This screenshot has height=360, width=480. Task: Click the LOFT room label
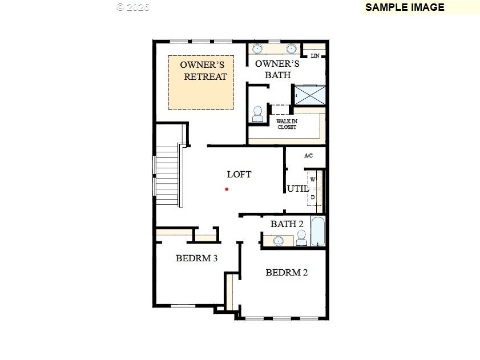point(239,174)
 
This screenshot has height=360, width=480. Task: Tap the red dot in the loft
point(227,189)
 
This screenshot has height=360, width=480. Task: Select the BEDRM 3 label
point(196,258)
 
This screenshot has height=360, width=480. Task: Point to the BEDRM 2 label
point(287,272)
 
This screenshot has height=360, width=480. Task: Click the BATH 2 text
point(287,224)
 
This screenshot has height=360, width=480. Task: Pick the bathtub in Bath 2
point(318,231)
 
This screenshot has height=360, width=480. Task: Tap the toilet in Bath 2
point(301,237)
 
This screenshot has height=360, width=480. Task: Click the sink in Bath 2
point(279,240)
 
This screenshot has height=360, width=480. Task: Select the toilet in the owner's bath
point(257,114)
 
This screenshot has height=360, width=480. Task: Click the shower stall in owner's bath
point(309,95)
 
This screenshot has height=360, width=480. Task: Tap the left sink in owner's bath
point(257,48)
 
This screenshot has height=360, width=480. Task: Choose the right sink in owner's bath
point(292,48)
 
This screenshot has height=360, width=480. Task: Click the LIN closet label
point(315,56)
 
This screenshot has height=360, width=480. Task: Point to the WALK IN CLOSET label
point(287,124)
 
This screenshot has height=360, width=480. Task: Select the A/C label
point(309,156)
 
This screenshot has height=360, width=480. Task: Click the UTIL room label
point(297,189)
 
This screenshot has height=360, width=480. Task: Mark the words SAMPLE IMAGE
point(405,7)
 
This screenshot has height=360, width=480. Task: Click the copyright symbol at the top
point(120,7)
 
